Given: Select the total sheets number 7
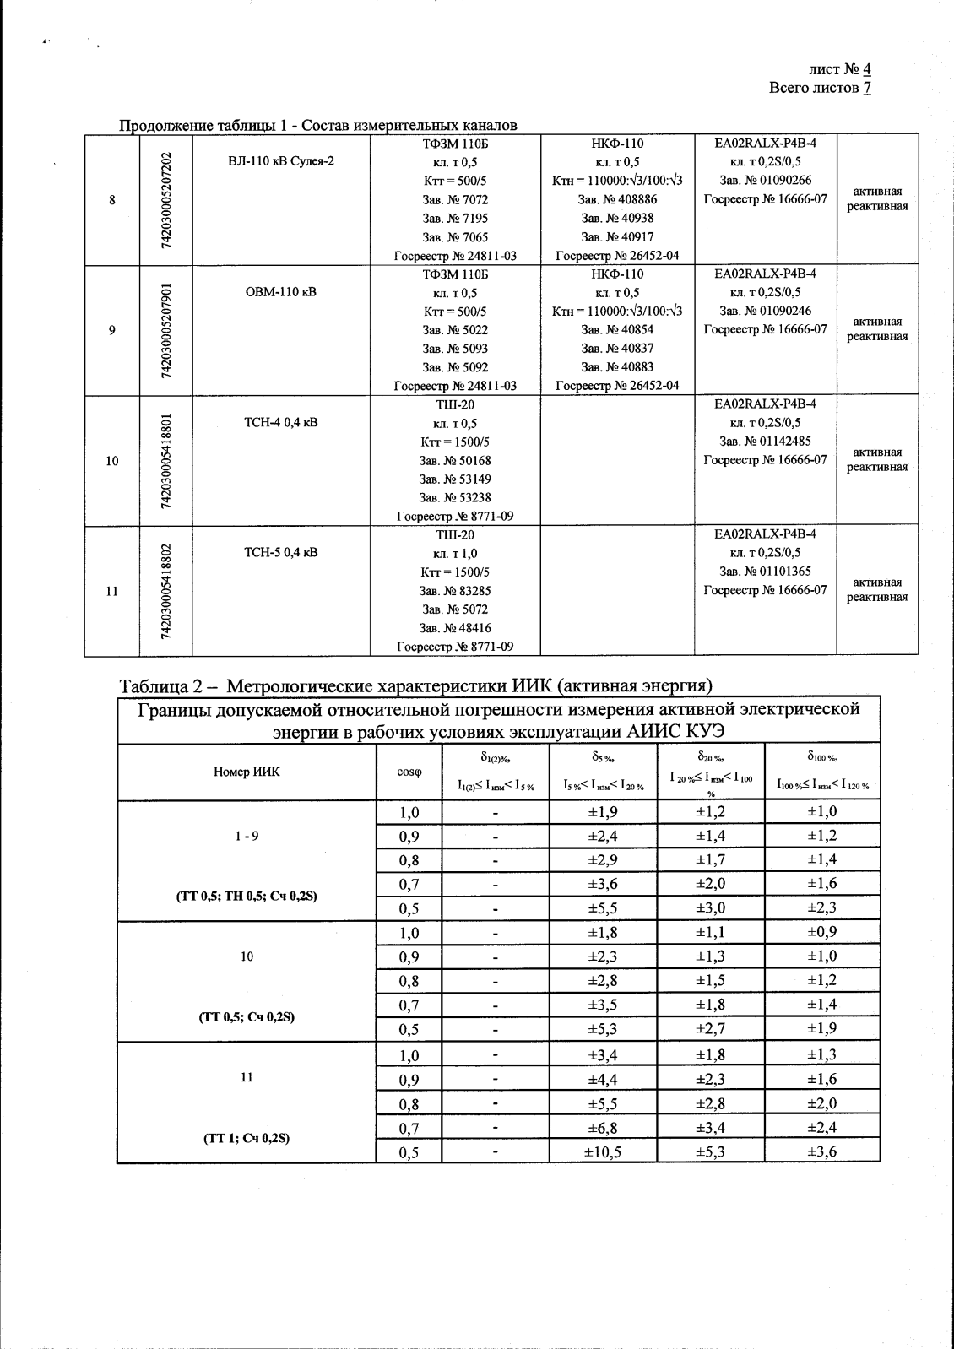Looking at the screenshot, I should [x=867, y=88].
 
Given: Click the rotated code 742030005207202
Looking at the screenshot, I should [x=166, y=199].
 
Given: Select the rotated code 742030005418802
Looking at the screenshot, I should [x=166, y=591].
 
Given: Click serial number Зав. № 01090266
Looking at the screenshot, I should [x=765, y=181].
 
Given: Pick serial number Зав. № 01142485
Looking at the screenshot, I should [x=765, y=442].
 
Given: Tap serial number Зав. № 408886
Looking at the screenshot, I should [x=617, y=200].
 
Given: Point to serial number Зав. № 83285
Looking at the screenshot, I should [x=455, y=591].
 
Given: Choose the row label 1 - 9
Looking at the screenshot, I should [x=247, y=837].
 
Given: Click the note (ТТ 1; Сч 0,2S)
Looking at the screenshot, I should [x=247, y=1138].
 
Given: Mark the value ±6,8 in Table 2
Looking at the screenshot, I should [x=603, y=1128].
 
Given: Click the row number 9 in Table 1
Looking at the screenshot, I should [x=112, y=330].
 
